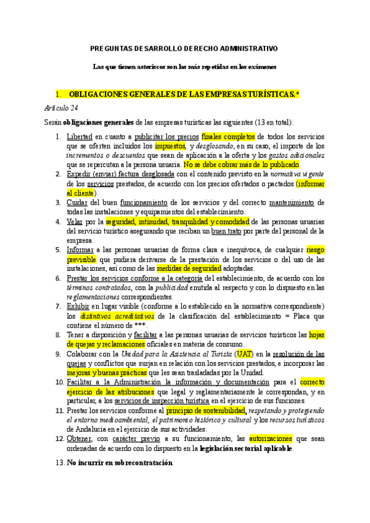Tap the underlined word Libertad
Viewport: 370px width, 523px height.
click(x=79, y=136)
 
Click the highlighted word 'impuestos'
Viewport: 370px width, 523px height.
click(x=174, y=146)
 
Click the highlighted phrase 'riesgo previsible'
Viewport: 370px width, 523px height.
click(x=315, y=250)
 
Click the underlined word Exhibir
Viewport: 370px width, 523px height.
click(x=77, y=307)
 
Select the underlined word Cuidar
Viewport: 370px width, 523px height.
click(x=76, y=202)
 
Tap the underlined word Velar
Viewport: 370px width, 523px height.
click(x=75, y=221)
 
